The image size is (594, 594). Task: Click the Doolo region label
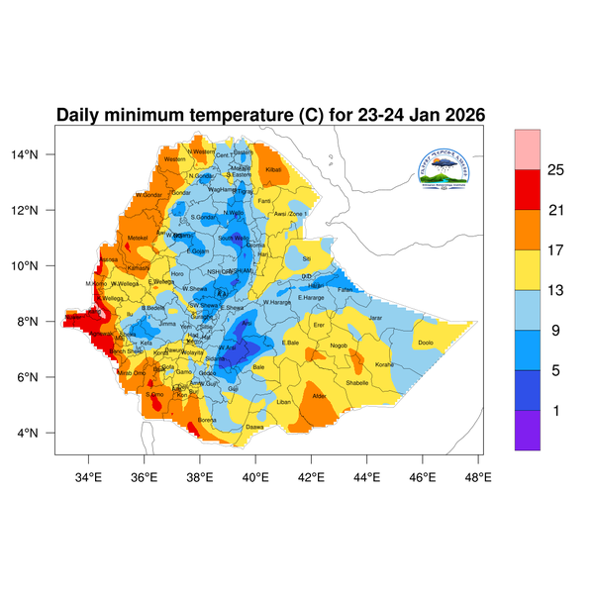coord(427,343)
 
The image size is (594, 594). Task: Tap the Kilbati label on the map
coord(274,170)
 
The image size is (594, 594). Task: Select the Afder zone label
coord(319,396)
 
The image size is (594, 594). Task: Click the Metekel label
coord(138,238)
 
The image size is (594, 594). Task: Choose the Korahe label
coord(385,364)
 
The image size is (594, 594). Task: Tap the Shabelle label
coord(358,382)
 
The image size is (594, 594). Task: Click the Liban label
coord(284,402)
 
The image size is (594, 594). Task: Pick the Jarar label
coord(375,318)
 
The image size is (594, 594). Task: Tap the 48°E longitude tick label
coord(478,476)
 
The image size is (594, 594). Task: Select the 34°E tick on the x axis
coord(89,476)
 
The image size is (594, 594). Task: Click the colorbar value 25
coord(555,170)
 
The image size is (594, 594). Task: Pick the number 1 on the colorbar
coord(555,411)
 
